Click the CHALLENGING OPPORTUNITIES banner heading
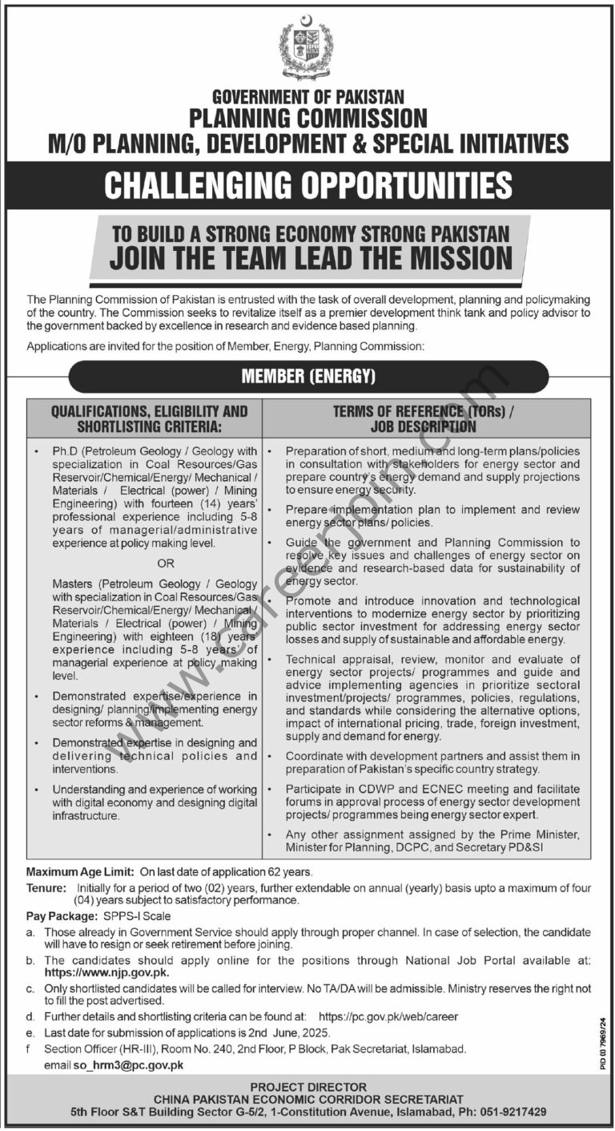click(308, 185)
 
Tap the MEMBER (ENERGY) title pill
click(308, 376)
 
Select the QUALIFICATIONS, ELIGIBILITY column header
click(144, 418)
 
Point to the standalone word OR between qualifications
click(166, 563)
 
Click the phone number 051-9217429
click(512, 1113)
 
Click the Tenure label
click(46, 888)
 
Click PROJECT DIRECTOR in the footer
click(308, 1087)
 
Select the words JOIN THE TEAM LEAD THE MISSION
click(311, 258)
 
